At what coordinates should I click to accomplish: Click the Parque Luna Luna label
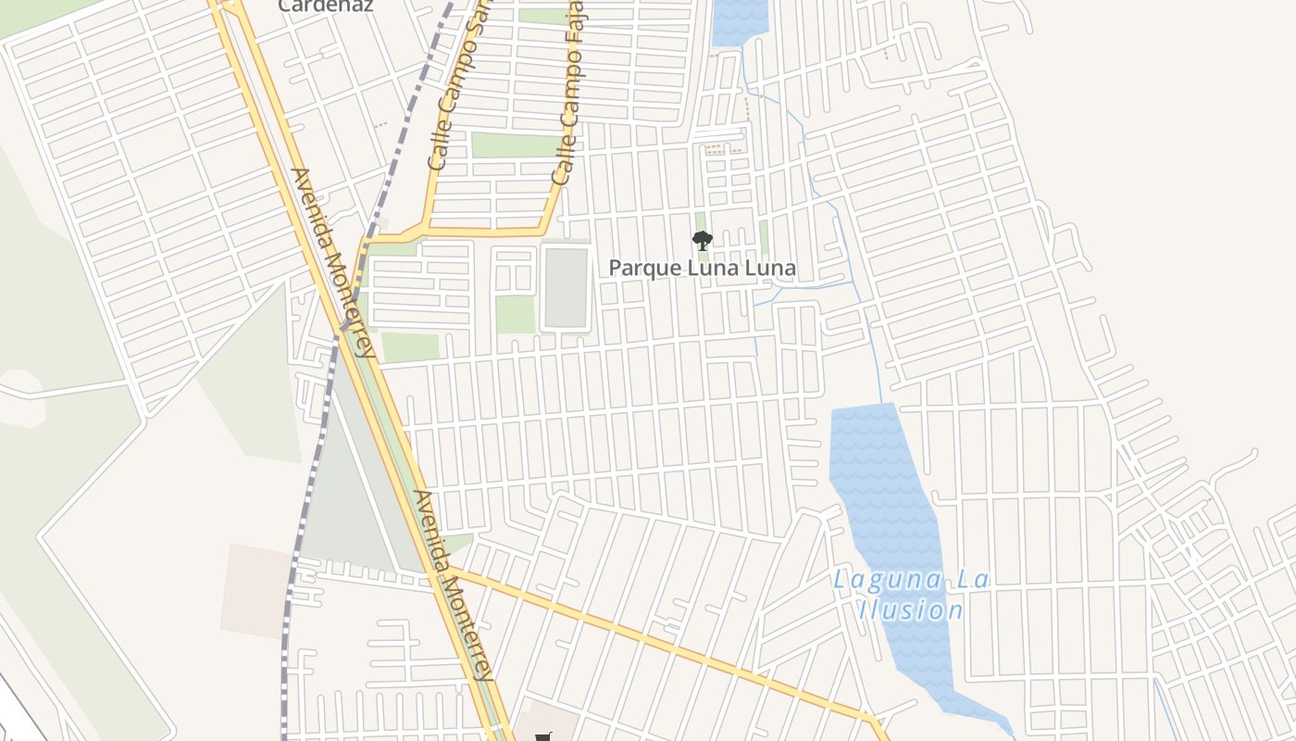[702, 269]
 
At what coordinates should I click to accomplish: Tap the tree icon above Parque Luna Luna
[703, 241]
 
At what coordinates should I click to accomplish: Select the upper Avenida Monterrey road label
[333, 262]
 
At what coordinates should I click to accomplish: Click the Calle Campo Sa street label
[457, 88]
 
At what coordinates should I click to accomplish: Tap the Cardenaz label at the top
[325, 6]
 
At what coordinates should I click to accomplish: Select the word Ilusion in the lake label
[911, 610]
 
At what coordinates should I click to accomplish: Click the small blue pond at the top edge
[740, 20]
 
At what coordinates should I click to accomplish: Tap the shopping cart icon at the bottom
[543, 737]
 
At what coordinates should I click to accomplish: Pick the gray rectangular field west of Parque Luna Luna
[566, 287]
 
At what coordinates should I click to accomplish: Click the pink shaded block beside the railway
[255, 588]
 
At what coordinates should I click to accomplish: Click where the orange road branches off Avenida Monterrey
[452, 570]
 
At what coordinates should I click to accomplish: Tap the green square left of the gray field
[516, 314]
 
